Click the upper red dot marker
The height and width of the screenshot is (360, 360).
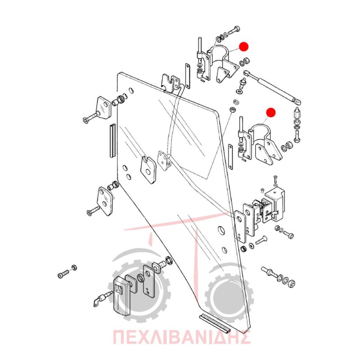tap(243, 47)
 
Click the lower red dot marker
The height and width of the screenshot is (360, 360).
tap(271, 112)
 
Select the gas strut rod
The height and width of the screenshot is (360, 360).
tap(272, 87)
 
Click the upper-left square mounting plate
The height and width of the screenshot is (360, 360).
tap(103, 108)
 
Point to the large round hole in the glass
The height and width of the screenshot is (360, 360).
tap(221, 230)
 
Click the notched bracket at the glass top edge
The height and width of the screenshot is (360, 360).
tap(171, 83)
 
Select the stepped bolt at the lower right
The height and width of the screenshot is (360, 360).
tap(270, 272)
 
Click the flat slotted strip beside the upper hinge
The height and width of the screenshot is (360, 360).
tap(188, 76)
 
